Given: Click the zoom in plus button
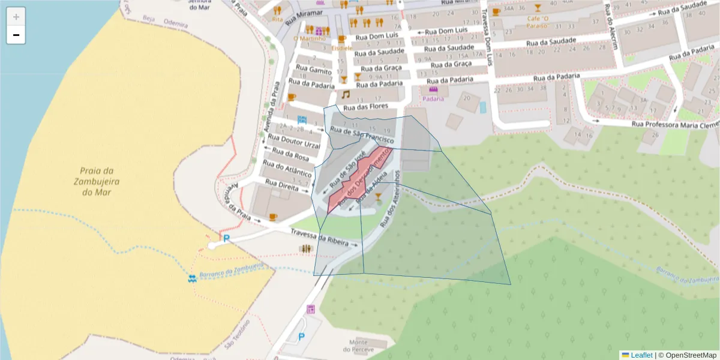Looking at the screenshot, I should click(x=16, y=17).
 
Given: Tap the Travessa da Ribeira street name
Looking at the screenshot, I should click(x=319, y=236).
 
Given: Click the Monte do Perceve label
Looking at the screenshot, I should click(x=362, y=346).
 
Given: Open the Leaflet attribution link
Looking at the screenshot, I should click(x=641, y=355).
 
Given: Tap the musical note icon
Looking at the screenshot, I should click(x=345, y=95).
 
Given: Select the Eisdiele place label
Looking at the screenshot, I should click(x=342, y=48).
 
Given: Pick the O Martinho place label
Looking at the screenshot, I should click(x=304, y=39).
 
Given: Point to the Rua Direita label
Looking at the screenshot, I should click(x=281, y=185).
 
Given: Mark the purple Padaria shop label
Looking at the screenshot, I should click(x=433, y=99).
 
